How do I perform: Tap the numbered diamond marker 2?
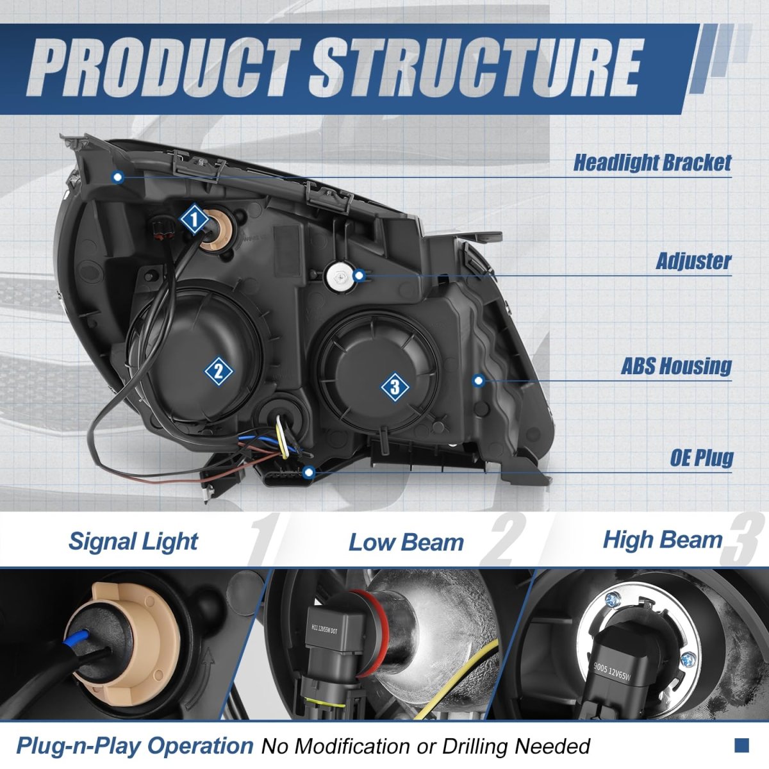pyautogui.click(x=219, y=371)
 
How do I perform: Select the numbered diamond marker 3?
pyautogui.click(x=395, y=386)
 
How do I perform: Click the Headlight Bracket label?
pyautogui.click(x=652, y=163)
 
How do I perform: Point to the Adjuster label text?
pyautogui.click(x=693, y=261)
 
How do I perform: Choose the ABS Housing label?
pyautogui.click(x=676, y=366)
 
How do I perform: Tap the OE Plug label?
pyautogui.click(x=702, y=458)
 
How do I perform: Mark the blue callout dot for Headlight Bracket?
pyautogui.click(x=117, y=177)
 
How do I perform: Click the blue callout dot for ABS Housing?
pyautogui.click(x=478, y=381)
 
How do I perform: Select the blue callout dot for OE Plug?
pyautogui.click(x=309, y=473)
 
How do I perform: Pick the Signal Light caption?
pyautogui.click(x=133, y=542)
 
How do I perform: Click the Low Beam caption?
pyautogui.click(x=406, y=543)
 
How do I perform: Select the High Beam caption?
pyautogui.click(x=662, y=540)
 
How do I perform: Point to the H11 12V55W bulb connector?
pyautogui.click(x=333, y=631)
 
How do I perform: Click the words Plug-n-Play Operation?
pyautogui.click(x=135, y=746)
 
